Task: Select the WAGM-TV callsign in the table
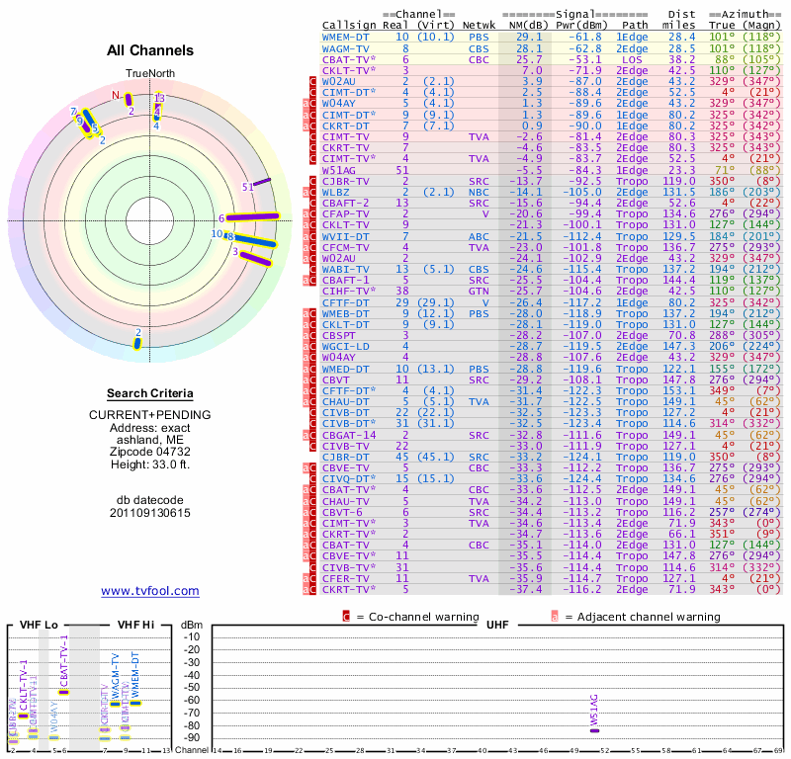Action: click(x=344, y=47)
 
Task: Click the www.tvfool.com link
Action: click(x=150, y=591)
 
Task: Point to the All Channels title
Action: click(x=150, y=50)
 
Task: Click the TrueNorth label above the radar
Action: click(x=149, y=74)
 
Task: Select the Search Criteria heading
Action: click(x=150, y=393)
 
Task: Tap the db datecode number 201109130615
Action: click(x=150, y=513)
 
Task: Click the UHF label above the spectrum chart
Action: click(x=491, y=625)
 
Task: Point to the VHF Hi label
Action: click(x=136, y=625)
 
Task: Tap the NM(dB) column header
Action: click(x=522, y=24)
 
